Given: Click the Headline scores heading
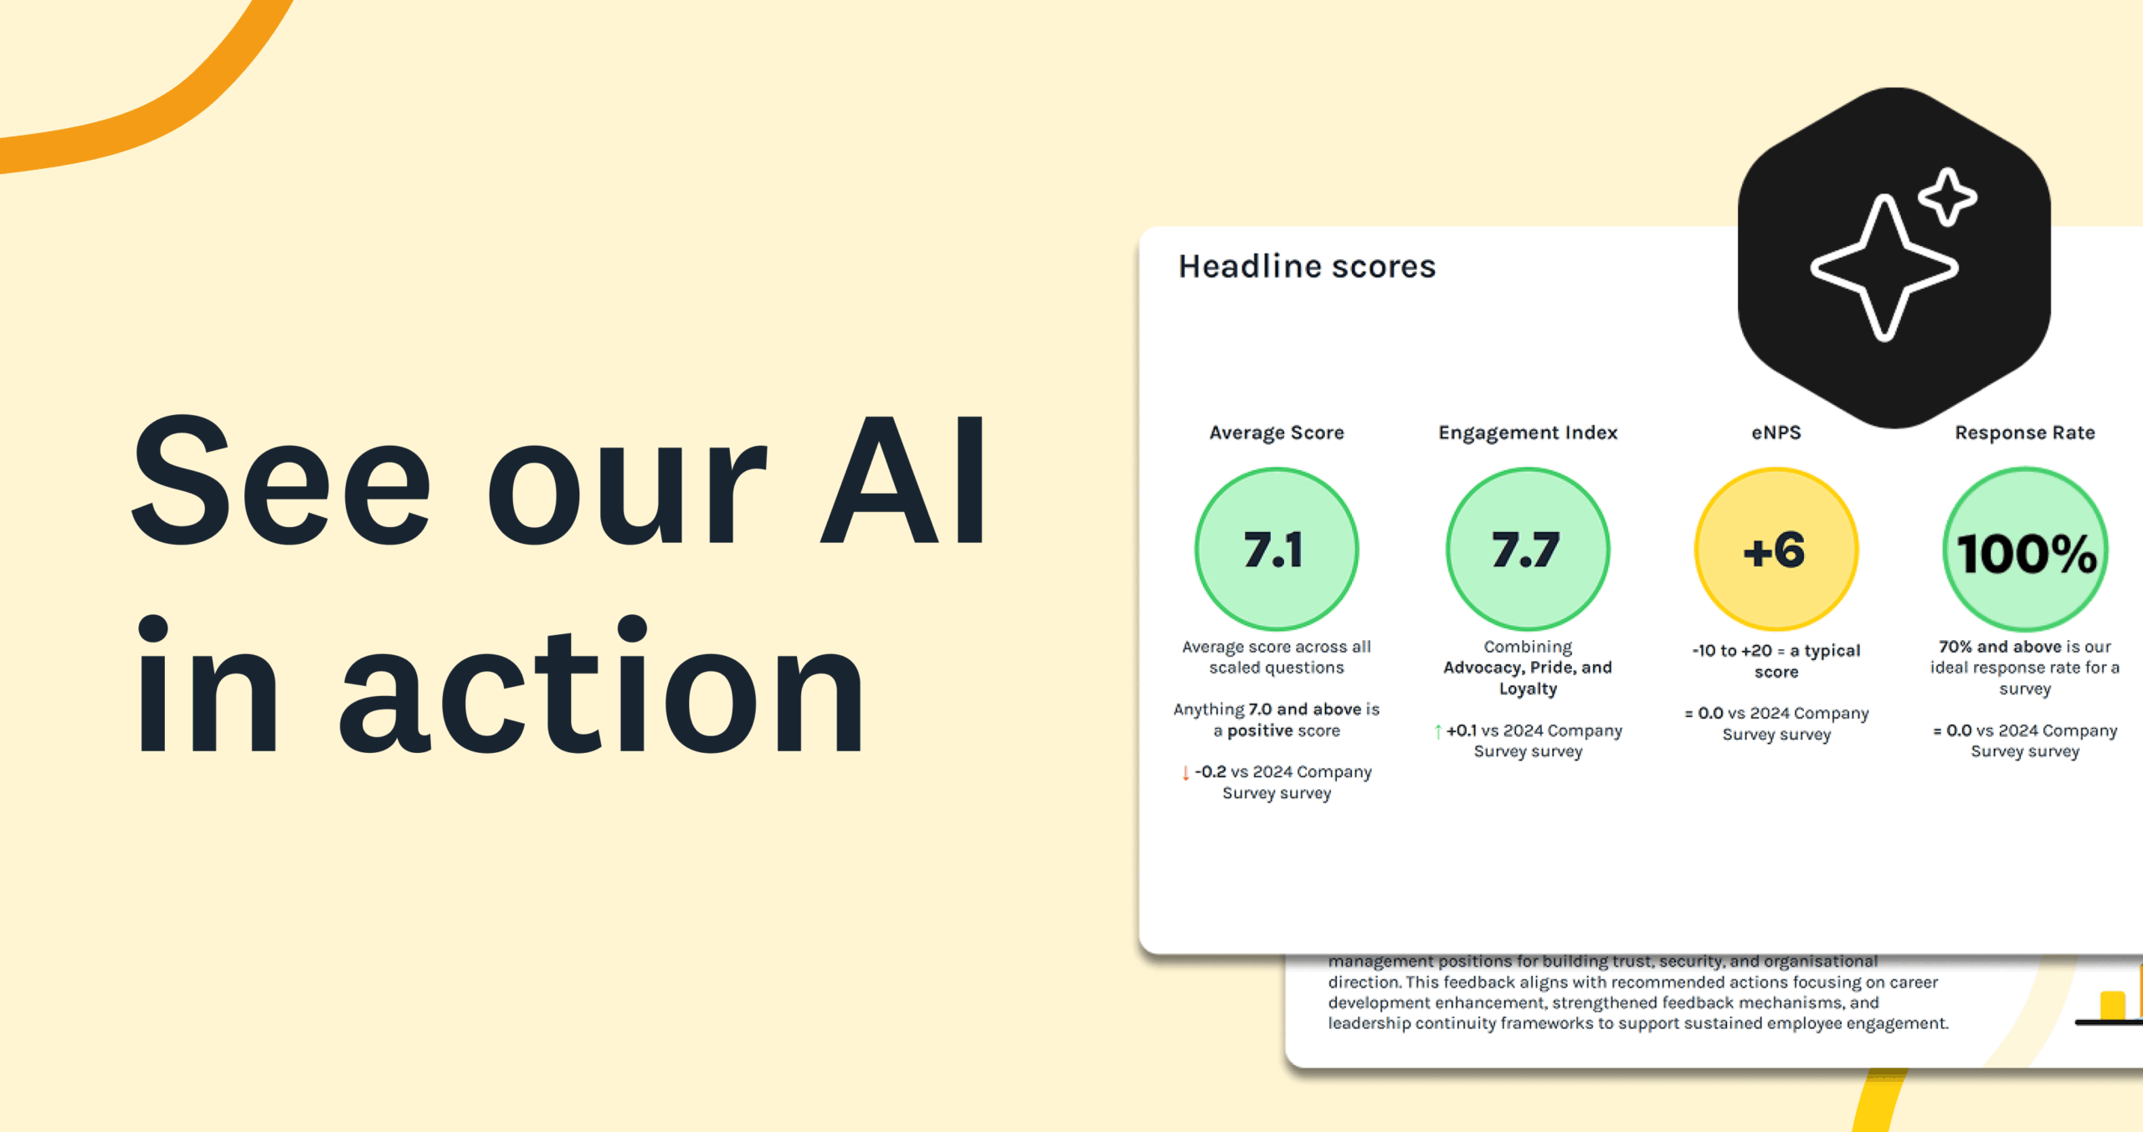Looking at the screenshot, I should pyautogui.click(x=1307, y=267).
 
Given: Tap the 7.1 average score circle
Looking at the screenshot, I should pyautogui.click(x=1276, y=550).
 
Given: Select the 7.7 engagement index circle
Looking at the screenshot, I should pyautogui.click(x=1527, y=550).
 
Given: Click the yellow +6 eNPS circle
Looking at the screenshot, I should pyautogui.click(x=1776, y=550).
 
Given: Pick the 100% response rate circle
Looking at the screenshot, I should pyautogui.click(x=2025, y=550).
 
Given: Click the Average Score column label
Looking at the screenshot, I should pyautogui.click(x=1276, y=433).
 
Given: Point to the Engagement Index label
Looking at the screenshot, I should pyautogui.click(x=1528, y=433).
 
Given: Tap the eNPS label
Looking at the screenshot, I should pyautogui.click(x=1776, y=433).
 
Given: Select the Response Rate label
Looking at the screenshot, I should pyautogui.click(x=2024, y=433).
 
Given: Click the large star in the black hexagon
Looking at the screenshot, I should pyautogui.click(x=1883, y=268).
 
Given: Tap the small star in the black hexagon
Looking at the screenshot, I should pyautogui.click(x=1948, y=197).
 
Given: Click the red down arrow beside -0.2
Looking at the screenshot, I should pyautogui.click(x=1185, y=772).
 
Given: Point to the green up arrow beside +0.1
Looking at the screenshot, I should pyautogui.click(x=1437, y=731).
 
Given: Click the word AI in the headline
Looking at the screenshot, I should pyautogui.click(x=904, y=481).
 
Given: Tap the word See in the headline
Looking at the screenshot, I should pyautogui.click(x=280, y=481).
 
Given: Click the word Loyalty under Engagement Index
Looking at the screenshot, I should pyautogui.click(x=1528, y=689).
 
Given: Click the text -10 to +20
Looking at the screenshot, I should pyautogui.click(x=1731, y=651).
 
